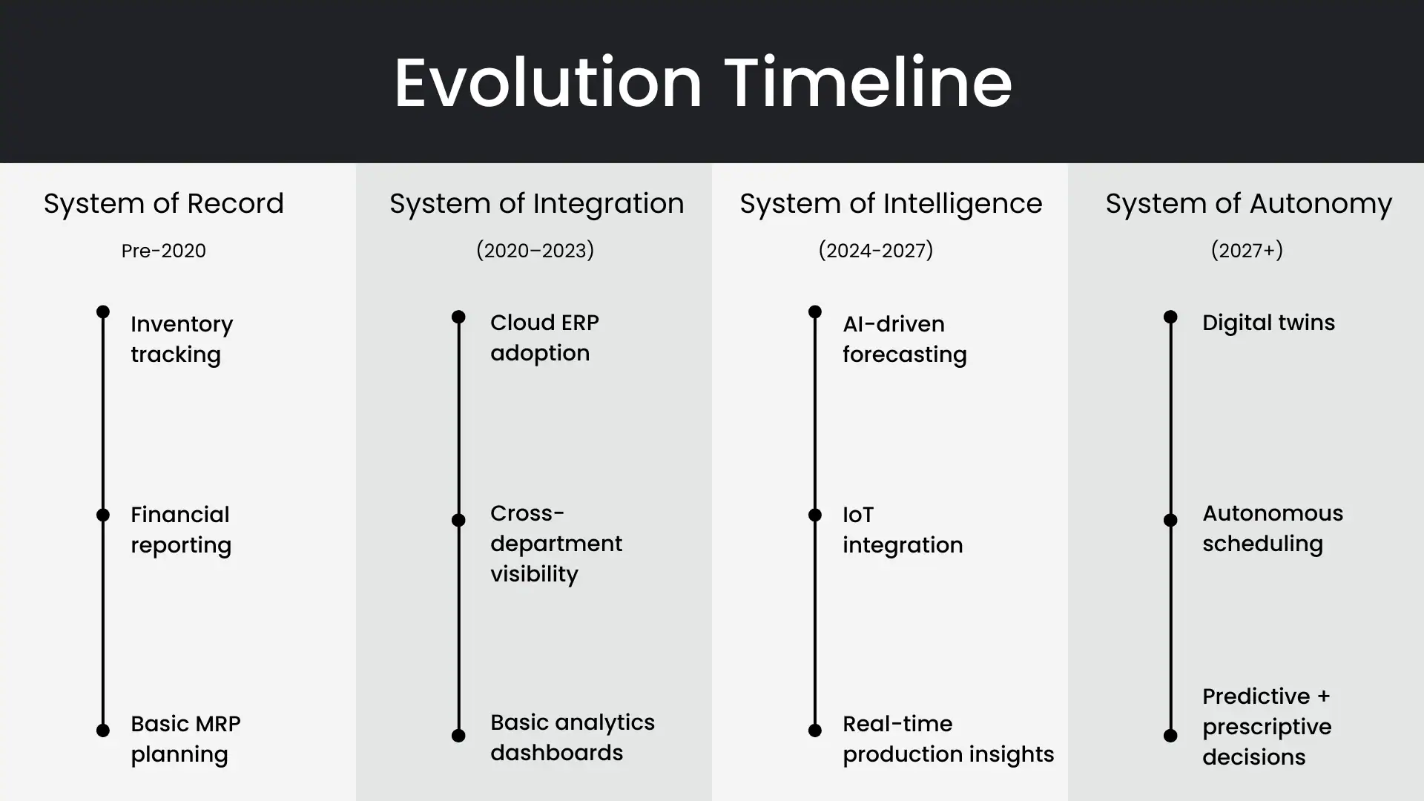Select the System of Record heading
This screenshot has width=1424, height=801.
point(163,203)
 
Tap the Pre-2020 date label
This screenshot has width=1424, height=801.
point(163,251)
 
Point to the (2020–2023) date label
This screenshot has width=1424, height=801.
point(535,251)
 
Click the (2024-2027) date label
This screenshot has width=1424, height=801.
point(875,251)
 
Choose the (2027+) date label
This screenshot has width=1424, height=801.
point(1247,251)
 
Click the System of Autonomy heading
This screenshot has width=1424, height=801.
point(1248,203)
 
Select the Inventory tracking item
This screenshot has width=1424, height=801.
point(182,339)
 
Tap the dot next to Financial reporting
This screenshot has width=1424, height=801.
point(103,515)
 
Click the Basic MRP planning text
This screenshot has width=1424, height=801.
point(185,739)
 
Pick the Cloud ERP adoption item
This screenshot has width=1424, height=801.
point(544,337)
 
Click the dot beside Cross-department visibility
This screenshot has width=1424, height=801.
point(458,520)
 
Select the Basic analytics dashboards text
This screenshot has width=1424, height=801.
point(572,737)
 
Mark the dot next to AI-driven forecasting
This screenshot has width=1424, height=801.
point(814,311)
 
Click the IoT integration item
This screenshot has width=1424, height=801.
point(902,530)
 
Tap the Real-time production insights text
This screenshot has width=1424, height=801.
point(947,739)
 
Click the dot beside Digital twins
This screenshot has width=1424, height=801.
point(1170,317)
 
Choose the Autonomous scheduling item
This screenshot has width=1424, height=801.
point(1272,528)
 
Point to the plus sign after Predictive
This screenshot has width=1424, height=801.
point(1324,696)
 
